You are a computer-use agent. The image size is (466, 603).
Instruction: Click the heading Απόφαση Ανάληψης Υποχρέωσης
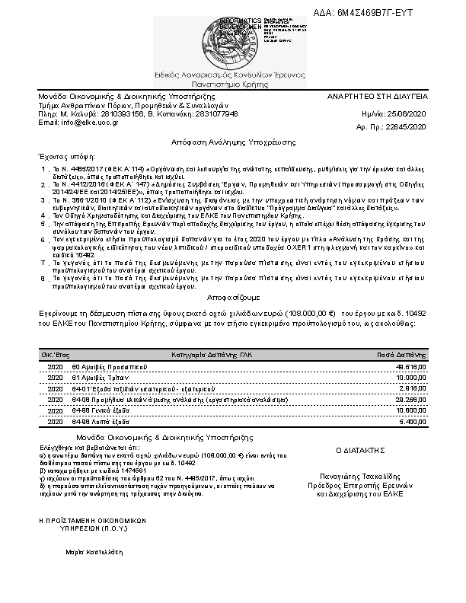(x=233, y=142)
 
